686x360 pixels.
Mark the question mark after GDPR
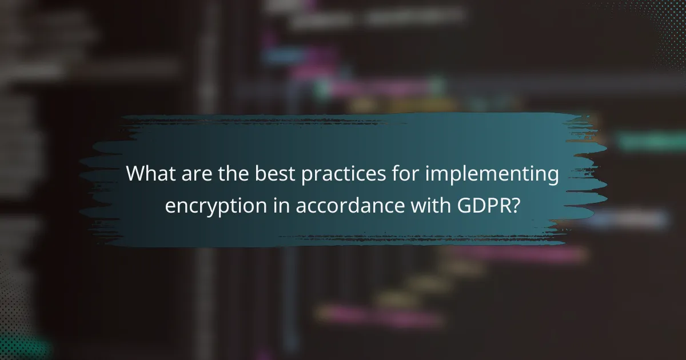tap(517, 205)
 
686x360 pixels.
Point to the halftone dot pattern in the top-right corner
tap(657, 23)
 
